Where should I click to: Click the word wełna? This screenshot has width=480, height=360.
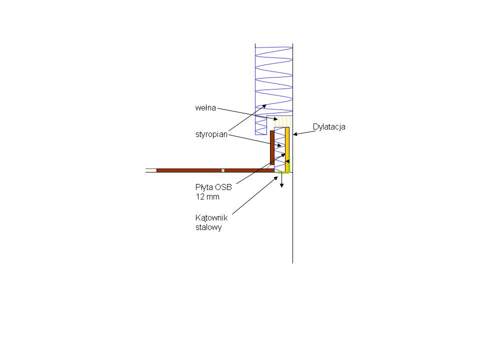click(x=205, y=108)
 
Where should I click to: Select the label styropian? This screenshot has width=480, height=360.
click(x=211, y=134)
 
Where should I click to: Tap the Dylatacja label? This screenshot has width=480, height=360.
click(x=329, y=126)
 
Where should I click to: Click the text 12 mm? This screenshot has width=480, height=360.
click(x=207, y=197)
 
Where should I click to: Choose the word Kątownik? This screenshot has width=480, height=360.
click(x=211, y=218)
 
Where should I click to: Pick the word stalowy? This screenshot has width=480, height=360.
click(x=208, y=227)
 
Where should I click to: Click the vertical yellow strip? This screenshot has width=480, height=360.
click(x=287, y=149)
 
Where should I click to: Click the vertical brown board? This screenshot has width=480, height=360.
click(x=272, y=147)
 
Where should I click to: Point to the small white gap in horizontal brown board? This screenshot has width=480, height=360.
click(x=223, y=170)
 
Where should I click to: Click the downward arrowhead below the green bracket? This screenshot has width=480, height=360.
click(x=281, y=185)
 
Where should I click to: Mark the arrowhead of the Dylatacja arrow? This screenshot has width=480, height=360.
click(x=295, y=134)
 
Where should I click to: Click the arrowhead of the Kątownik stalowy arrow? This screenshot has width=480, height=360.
click(x=276, y=178)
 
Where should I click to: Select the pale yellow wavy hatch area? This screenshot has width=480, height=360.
click(x=282, y=121)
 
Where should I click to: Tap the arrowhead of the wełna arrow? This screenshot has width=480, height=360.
click(x=276, y=119)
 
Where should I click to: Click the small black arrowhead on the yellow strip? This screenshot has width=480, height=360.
click(x=287, y=161)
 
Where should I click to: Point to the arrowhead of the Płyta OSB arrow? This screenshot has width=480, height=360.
click(x=283, y=155)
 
